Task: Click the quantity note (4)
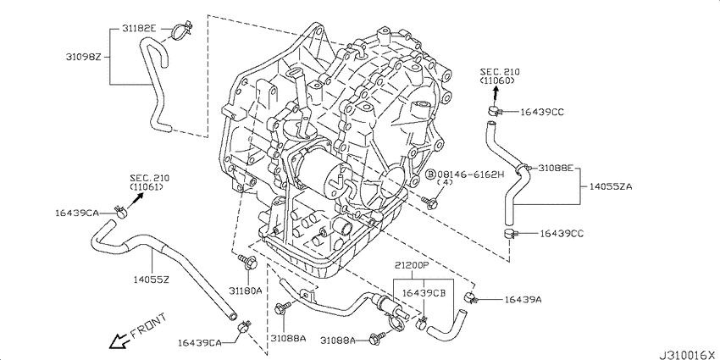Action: (x=446, y=183)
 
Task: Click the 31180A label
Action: (x=247, y=291)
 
